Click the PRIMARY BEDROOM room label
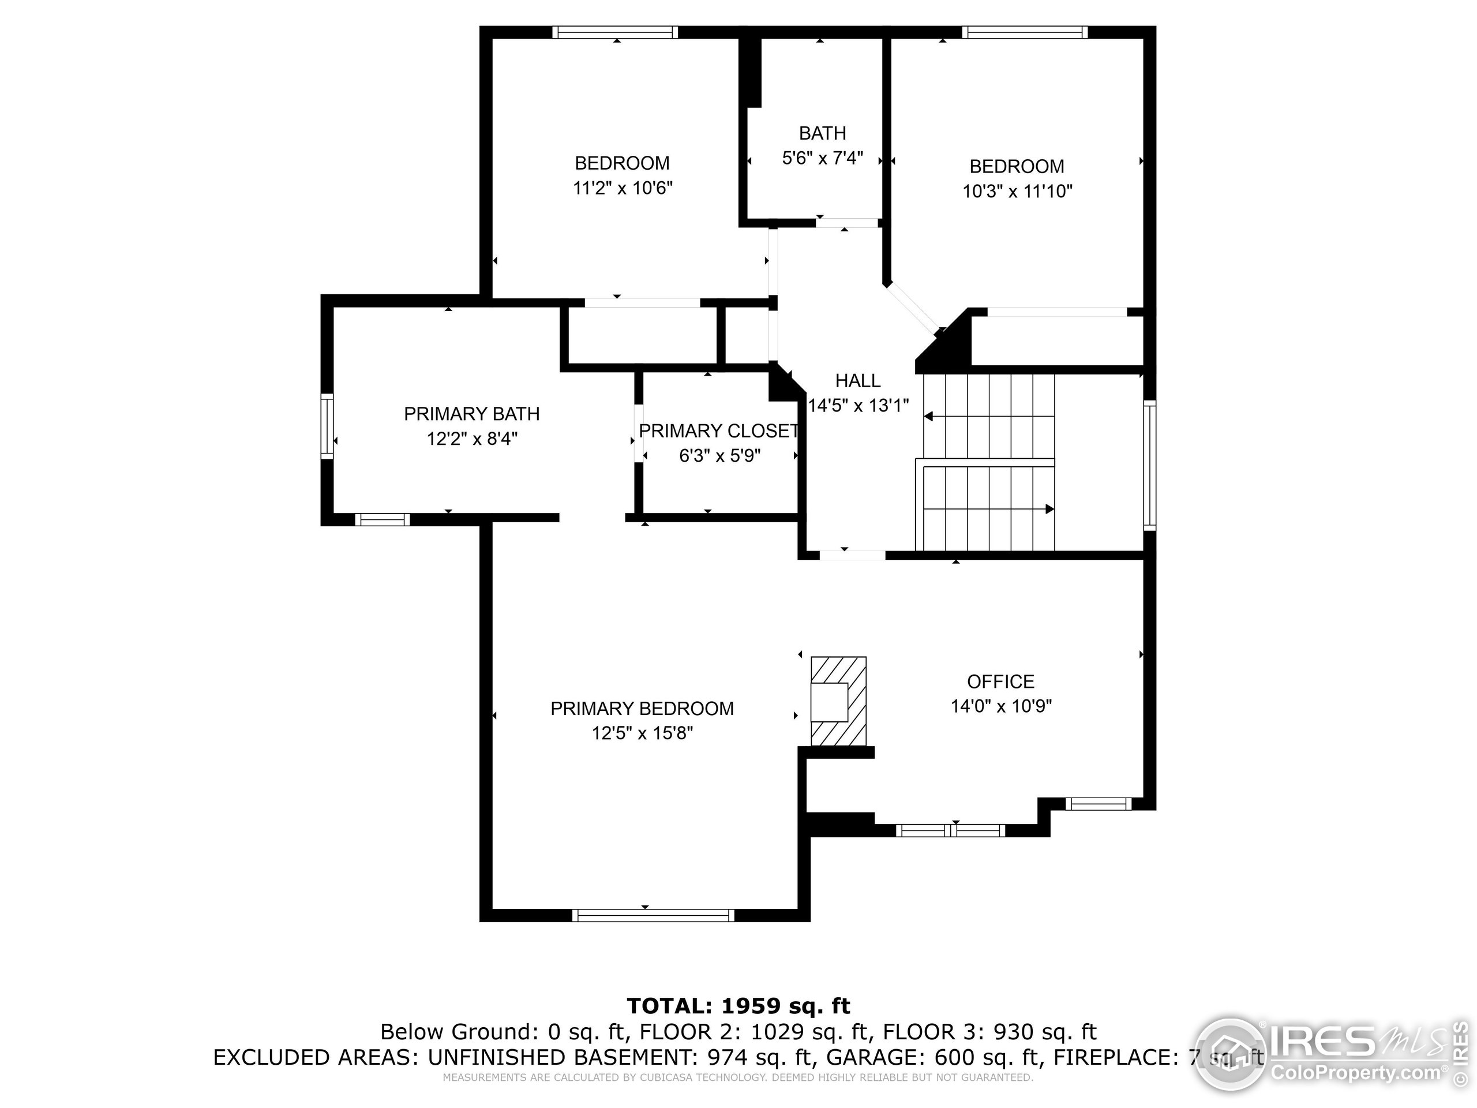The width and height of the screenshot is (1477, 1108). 642,709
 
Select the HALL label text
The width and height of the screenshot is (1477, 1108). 857,381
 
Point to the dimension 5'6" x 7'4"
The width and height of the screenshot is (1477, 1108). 822,158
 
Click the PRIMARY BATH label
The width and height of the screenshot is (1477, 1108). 471,414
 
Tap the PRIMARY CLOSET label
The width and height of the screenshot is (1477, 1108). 718,431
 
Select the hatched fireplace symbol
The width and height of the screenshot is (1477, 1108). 839,701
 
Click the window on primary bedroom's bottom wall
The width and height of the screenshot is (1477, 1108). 653,915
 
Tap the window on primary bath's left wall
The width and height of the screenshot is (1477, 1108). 327,426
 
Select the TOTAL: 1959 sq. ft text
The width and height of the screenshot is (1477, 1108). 738,1006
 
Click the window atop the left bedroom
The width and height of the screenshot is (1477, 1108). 615,32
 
